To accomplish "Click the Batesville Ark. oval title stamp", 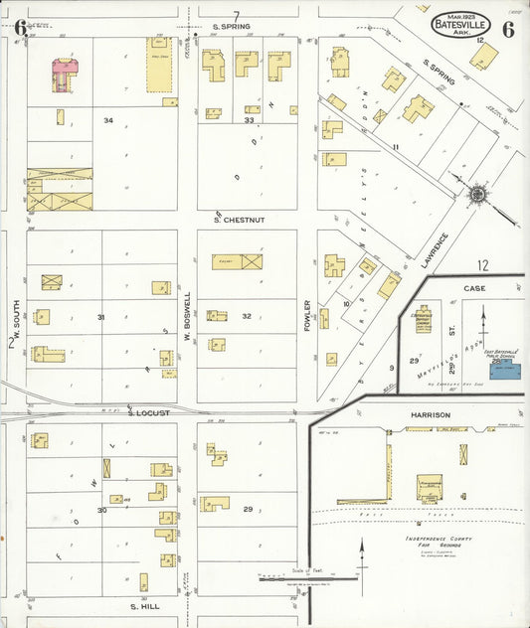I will point(461,23).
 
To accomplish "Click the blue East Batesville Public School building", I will point(504,371).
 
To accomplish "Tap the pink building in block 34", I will point(65,71).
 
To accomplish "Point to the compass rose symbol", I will point(476,192).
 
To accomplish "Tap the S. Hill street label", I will point(145,604).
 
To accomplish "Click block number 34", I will point(107,120).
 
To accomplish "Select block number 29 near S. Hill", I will point(247,509).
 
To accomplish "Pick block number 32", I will point(246,316).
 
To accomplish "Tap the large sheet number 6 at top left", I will point(20,27).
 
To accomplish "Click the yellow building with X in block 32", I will point(237,261).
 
